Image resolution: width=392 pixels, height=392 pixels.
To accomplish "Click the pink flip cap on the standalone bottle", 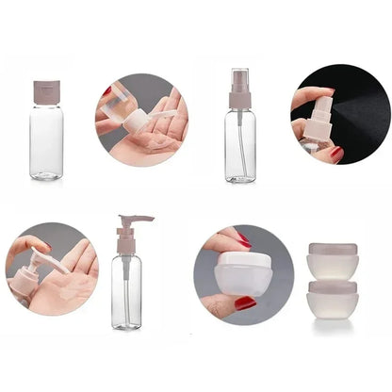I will click(x=46, y=91).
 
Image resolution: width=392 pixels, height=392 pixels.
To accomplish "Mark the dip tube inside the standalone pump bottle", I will click(x=126, y=283).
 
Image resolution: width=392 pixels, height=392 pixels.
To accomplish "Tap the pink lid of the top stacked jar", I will click(x=333, y=250).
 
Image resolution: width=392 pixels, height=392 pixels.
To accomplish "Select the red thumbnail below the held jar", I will click(x=245, y=302).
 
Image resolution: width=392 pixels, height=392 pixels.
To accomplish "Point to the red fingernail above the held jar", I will click(x=243, y=240).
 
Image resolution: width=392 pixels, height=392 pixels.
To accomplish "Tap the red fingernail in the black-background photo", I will click(x=335, y=153).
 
